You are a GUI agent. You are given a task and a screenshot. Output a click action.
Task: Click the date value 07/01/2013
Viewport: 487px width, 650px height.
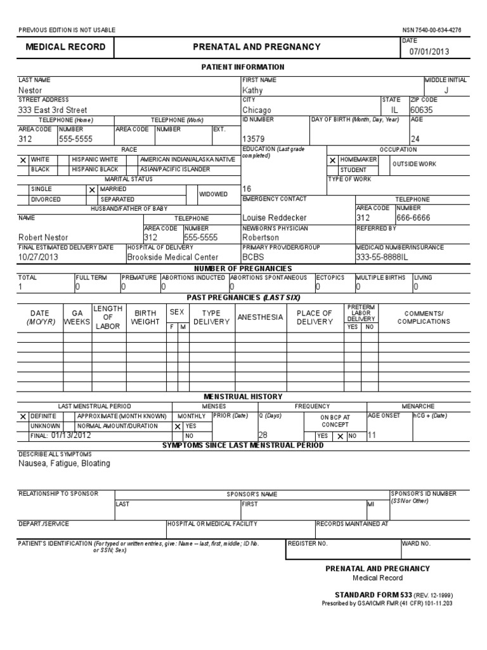429,52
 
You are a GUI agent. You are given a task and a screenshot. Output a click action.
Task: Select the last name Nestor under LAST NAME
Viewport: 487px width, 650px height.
30,91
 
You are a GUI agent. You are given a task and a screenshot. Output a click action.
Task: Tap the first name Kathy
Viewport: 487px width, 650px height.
252,91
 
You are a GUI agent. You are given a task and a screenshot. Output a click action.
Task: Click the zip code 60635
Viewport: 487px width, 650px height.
424,110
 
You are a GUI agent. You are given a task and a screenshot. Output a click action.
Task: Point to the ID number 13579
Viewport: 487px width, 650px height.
254,139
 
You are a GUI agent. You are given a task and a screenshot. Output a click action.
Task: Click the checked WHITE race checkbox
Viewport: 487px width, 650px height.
23,160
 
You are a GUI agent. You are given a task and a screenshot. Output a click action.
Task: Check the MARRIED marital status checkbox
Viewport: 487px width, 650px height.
92,190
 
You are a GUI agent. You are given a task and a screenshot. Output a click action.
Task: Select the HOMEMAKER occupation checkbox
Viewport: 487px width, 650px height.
332,161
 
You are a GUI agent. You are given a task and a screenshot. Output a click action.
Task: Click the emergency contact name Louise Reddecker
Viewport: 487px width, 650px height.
275,218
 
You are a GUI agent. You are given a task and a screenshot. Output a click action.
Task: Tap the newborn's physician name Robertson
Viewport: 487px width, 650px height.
261,237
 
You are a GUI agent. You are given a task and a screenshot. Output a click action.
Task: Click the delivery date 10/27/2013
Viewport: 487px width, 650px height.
39,257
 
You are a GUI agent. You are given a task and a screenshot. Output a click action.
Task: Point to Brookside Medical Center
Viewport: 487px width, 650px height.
172,257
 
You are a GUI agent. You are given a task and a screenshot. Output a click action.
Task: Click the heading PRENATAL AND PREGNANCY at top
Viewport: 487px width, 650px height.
257,47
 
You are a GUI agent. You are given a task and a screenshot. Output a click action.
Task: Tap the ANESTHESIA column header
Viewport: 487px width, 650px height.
260,317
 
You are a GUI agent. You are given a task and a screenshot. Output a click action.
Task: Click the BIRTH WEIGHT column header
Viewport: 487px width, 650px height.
145,317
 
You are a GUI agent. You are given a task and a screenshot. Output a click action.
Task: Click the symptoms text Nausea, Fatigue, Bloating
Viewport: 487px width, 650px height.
64,463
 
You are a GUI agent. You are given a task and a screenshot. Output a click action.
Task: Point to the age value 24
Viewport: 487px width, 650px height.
416,139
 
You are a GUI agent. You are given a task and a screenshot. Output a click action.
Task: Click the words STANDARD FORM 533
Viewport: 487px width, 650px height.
373,595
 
